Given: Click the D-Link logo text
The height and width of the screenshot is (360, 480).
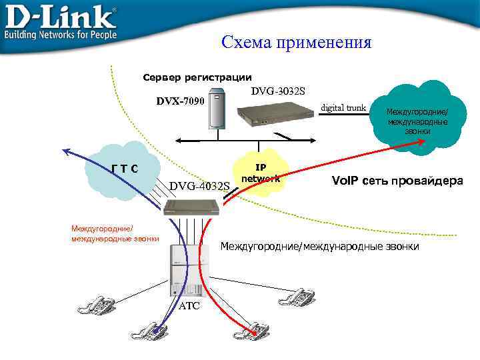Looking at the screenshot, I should click(x=60, y=16).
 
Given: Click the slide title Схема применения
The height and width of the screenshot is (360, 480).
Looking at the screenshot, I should click(x=297, y=43).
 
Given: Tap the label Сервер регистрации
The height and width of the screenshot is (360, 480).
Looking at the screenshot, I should click(x=197, y=77).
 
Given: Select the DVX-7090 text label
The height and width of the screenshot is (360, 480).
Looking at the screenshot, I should click(x=180, y=101).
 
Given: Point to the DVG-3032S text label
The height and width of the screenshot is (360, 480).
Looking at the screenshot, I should click(x=278, y=91).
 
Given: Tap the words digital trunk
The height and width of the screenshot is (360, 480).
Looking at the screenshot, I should click(x=343, y=107).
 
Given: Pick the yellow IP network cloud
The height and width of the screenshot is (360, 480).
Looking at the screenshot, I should click(x=261, y=173).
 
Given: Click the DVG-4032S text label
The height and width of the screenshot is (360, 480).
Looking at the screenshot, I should click(x=199, y=185).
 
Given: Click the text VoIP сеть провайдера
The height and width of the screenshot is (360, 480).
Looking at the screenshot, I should click(x=397, y=180).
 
